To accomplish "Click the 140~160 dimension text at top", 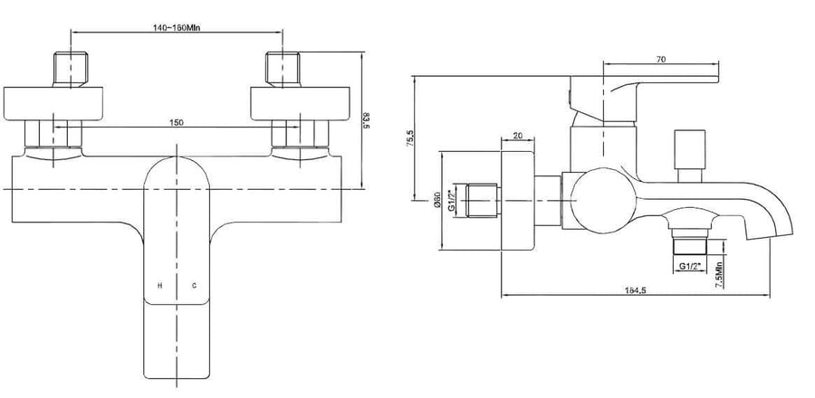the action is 177,27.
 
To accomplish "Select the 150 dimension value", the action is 177,122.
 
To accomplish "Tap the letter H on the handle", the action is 160,285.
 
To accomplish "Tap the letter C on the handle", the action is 194,285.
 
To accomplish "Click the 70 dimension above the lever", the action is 661,59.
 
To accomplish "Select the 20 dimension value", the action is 517,135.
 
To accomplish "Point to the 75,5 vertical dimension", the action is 409,139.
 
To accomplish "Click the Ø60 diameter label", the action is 436,200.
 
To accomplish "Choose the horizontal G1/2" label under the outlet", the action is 690,266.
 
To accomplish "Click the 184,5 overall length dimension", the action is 635,290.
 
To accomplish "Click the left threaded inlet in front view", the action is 71,68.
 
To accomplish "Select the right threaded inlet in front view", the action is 283,68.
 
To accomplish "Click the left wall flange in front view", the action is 53,104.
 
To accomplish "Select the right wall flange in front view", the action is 300,104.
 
